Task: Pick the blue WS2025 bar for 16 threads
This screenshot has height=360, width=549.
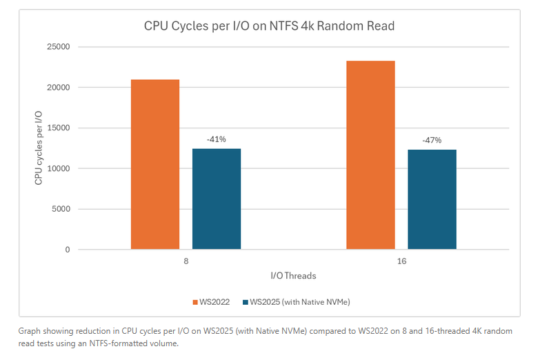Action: [432, 199]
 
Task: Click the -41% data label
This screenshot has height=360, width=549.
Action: [217, 140]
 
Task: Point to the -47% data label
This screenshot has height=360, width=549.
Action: [432, 141]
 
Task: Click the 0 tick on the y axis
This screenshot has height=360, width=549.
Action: [68, 250]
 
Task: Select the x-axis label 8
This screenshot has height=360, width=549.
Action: [186, 263]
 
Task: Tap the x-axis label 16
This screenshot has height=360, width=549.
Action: [401, 263]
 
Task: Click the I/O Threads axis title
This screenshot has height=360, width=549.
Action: [294, 276]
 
